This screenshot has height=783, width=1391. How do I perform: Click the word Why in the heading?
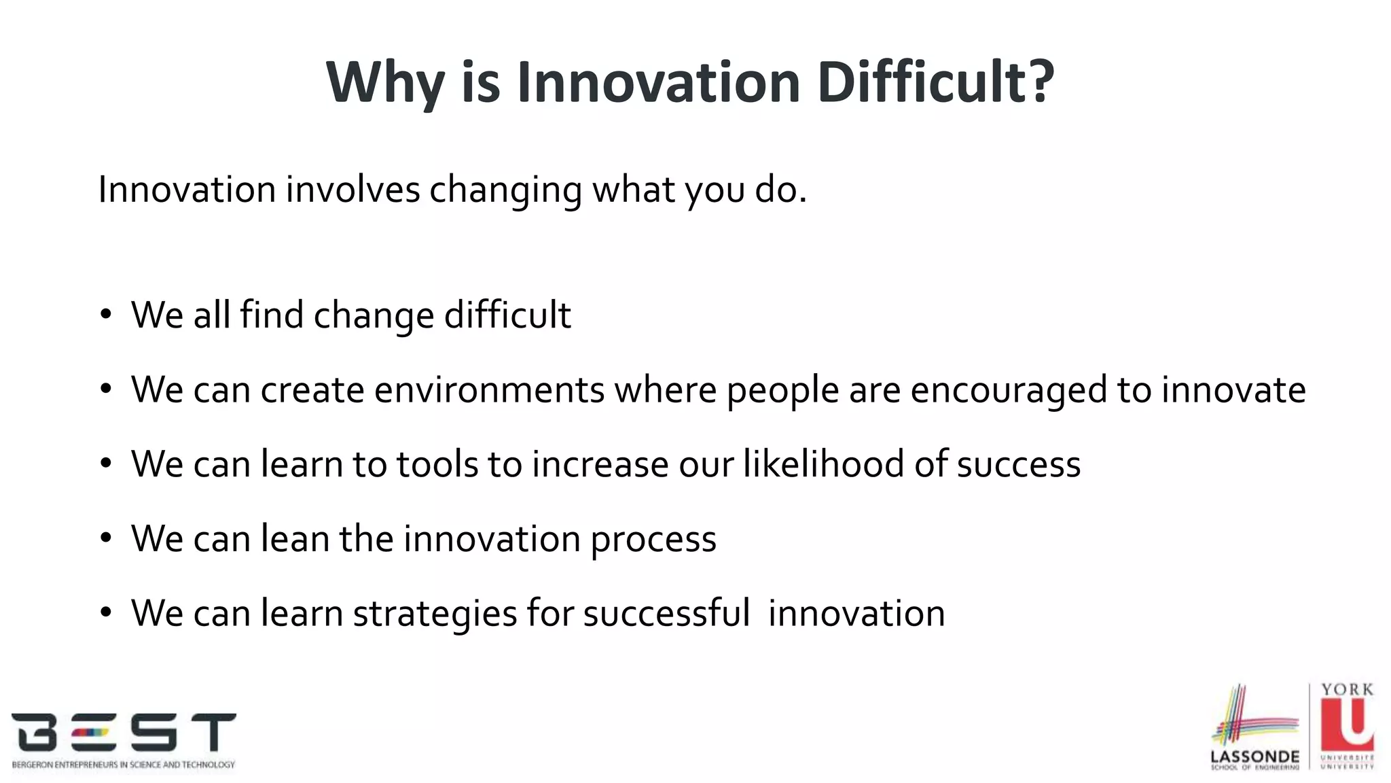click(x=384, y=84)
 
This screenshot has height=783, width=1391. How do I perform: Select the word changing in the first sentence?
click(x=505, y=190)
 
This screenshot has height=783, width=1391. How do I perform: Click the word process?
click(x=653, y=540)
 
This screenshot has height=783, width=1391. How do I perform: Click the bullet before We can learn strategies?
click(x=105, y=612)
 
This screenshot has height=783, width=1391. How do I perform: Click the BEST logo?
click(x=124, y=734)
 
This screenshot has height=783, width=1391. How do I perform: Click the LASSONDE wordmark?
click(x=1254, y=756)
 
